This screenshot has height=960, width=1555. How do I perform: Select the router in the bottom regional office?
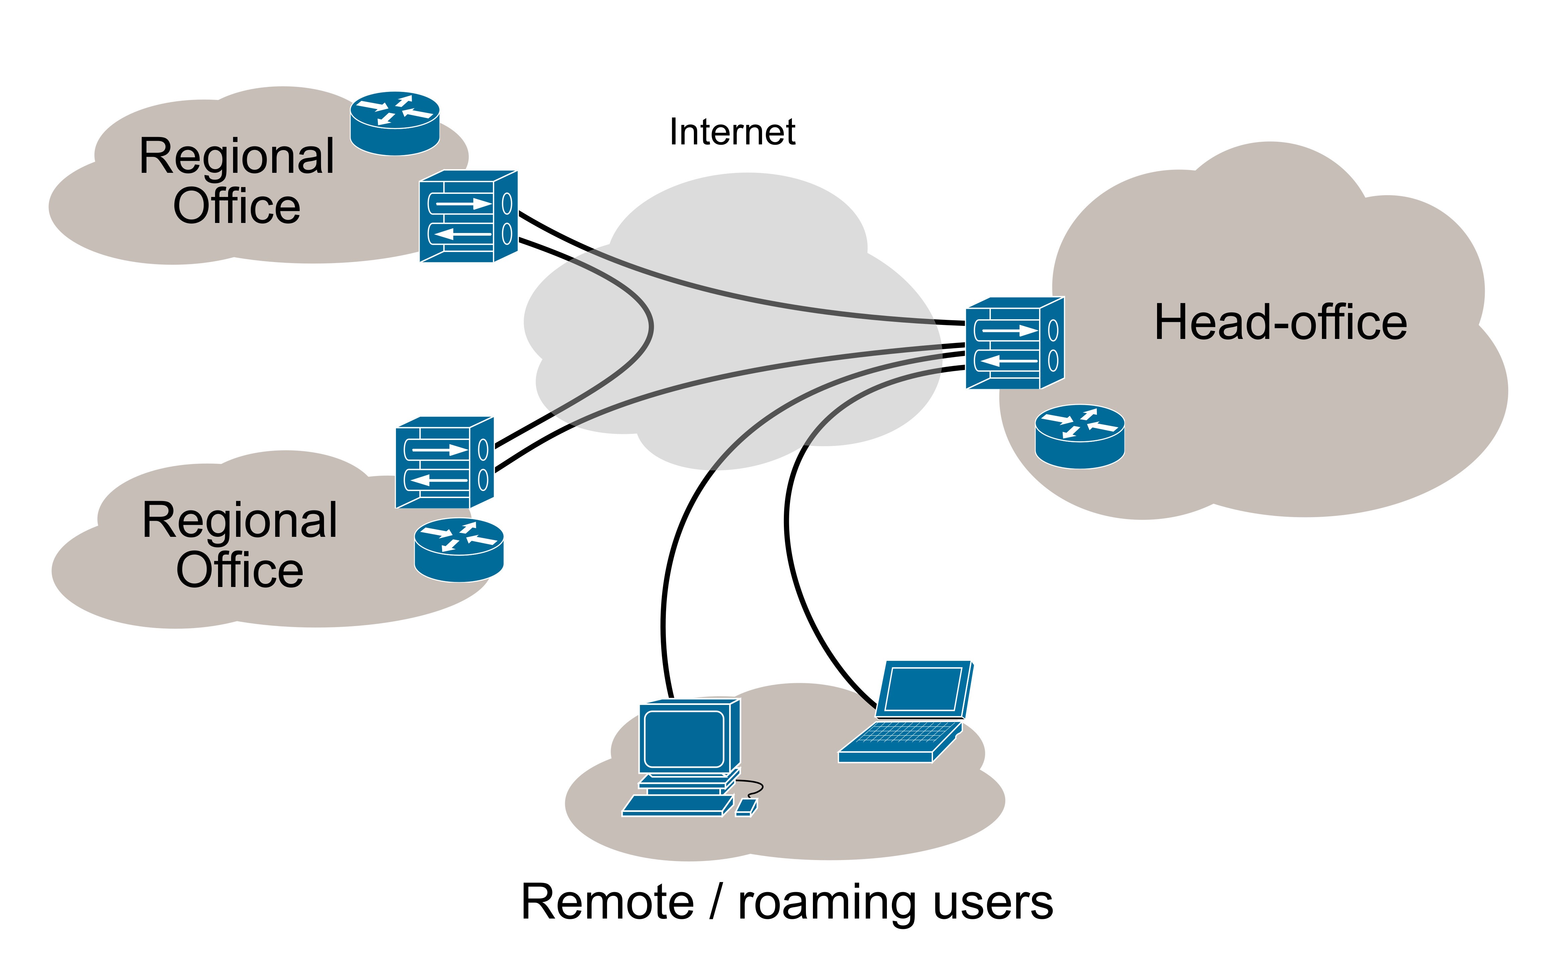pos(458,550)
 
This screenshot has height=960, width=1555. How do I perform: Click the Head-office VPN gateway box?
pos(1015,343)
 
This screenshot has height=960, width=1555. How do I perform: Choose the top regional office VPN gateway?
pos(468,216)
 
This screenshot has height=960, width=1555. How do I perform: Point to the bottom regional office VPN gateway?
pos(444,462)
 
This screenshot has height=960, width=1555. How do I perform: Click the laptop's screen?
pos(923,689)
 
